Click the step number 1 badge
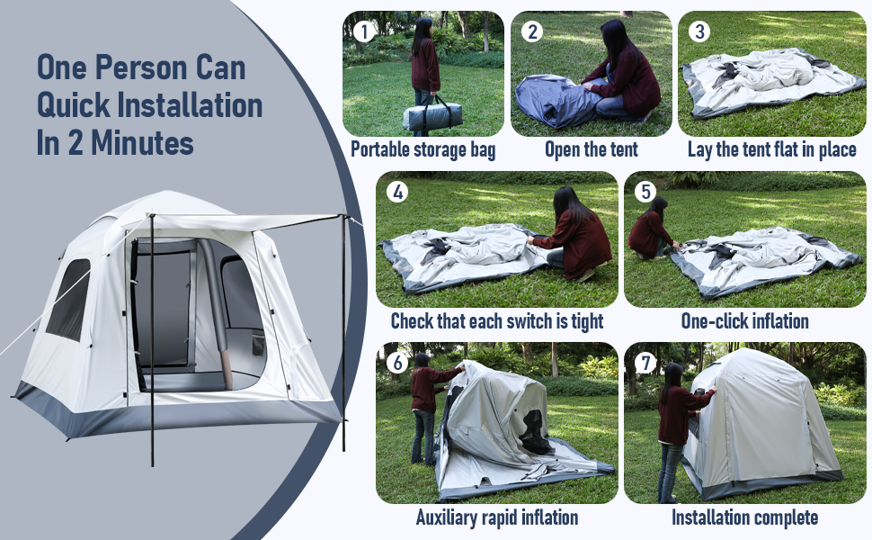coord(363,32)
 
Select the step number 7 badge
coord(646,362)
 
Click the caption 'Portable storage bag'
coord(423,149)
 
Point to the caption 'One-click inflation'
coord(744,321)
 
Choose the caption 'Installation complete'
coord(744,517)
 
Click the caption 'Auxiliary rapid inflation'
coord(496,517)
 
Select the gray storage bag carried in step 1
coord(432,115)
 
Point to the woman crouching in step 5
coord(651,229)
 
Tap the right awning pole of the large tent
coord(343,333)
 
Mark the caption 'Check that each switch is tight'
coord(496,321)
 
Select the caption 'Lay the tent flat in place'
coord(771,149)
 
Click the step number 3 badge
coord(699,32)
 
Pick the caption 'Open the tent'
coord(591,149)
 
